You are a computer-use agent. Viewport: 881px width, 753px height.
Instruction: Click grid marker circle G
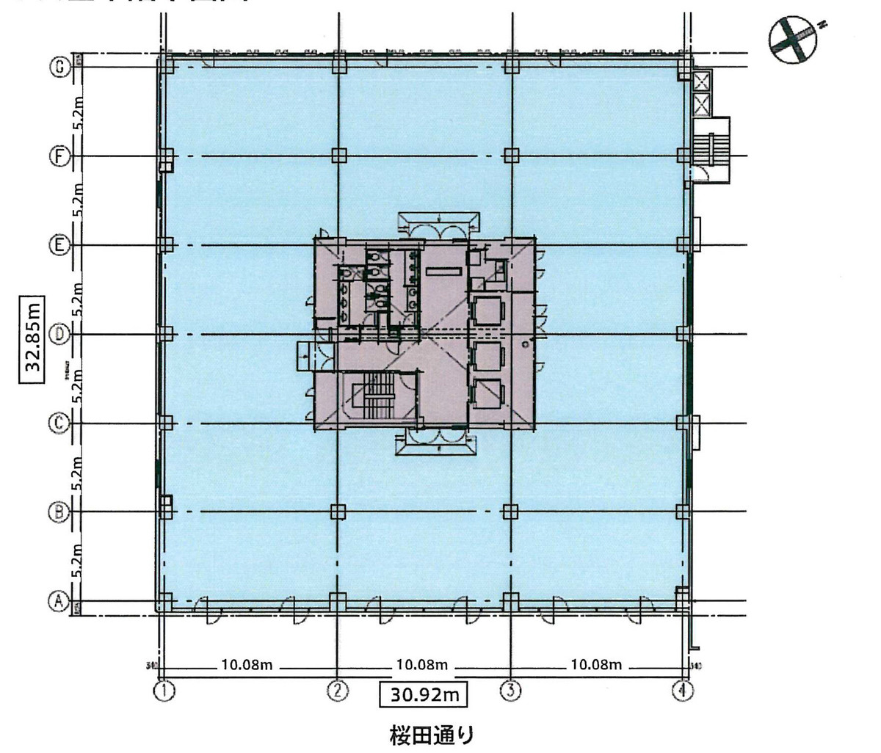point(59,67)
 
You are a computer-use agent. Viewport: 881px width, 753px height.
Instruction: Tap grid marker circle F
point(59,156)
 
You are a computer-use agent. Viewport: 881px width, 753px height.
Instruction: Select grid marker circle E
point(59,245)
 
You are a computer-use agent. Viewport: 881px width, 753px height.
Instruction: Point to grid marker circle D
point(59,335)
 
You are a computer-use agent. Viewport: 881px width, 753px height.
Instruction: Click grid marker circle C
point(59,423)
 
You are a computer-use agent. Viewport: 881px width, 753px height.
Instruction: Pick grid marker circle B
point(59,512)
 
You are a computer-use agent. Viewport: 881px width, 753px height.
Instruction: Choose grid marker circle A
point(59,602)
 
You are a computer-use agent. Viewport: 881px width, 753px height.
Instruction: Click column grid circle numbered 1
point(164,691)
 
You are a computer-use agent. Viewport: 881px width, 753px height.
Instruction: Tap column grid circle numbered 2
point(337,691)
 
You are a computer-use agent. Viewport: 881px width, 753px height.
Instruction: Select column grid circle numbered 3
point(510,691)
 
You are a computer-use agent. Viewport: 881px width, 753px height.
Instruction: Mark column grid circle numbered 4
point(684,691)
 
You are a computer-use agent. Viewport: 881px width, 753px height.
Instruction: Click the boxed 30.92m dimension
point(423,693)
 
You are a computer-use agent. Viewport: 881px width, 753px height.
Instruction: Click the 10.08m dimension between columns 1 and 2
point(247,666)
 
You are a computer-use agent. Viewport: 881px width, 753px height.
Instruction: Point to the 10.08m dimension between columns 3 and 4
point(595,666)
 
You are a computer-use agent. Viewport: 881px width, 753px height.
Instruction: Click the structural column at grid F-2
point(338,156)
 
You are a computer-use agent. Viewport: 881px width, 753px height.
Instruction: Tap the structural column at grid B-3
point(510,512)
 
